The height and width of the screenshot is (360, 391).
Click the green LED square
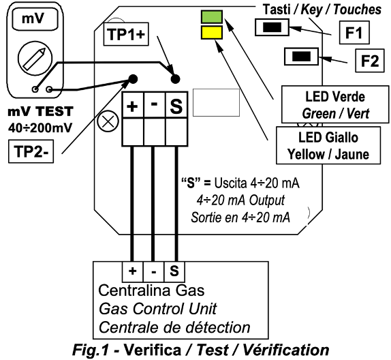click(212, 17)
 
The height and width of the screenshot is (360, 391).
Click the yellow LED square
click(212, 32)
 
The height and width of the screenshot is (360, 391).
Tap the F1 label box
click(354, 33)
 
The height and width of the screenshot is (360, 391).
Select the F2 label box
click(370, 61)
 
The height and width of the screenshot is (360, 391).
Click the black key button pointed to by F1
click(272, 27)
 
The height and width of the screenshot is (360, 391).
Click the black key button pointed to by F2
click(301, 57)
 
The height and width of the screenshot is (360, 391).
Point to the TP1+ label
click(126, 34)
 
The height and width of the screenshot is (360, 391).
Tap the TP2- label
click(31, 151)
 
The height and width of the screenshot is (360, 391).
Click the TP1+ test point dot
click(175, 79)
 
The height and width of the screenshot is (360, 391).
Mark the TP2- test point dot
click(133, 79)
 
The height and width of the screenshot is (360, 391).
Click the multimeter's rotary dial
click(35, 59)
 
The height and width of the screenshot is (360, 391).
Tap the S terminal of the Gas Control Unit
click(174, 271)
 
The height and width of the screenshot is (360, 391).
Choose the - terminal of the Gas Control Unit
click(154, 271)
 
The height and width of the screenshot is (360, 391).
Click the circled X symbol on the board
click(108, 122)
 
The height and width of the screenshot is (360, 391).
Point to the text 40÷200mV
click(40, 128)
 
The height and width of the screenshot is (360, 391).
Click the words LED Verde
click(335, 97)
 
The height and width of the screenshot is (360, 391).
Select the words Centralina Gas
click(151, 290)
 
